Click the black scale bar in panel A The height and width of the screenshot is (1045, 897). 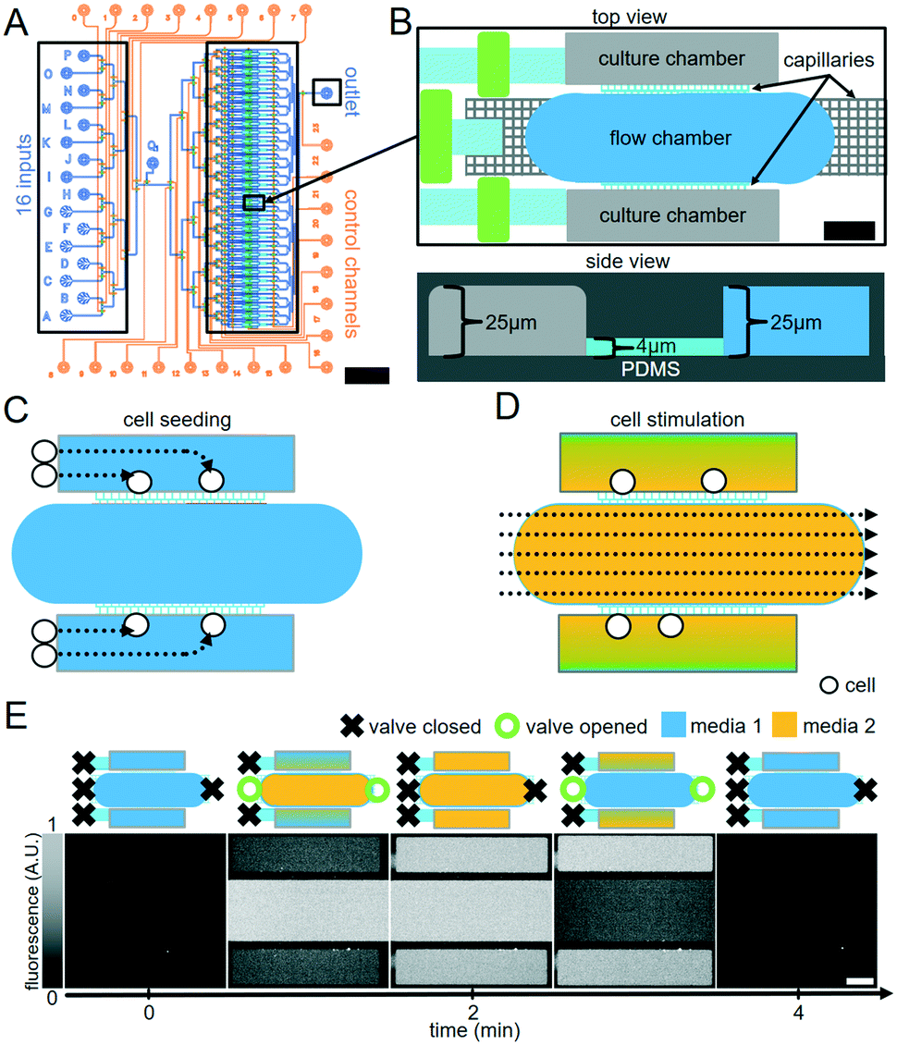pos(366,375)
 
